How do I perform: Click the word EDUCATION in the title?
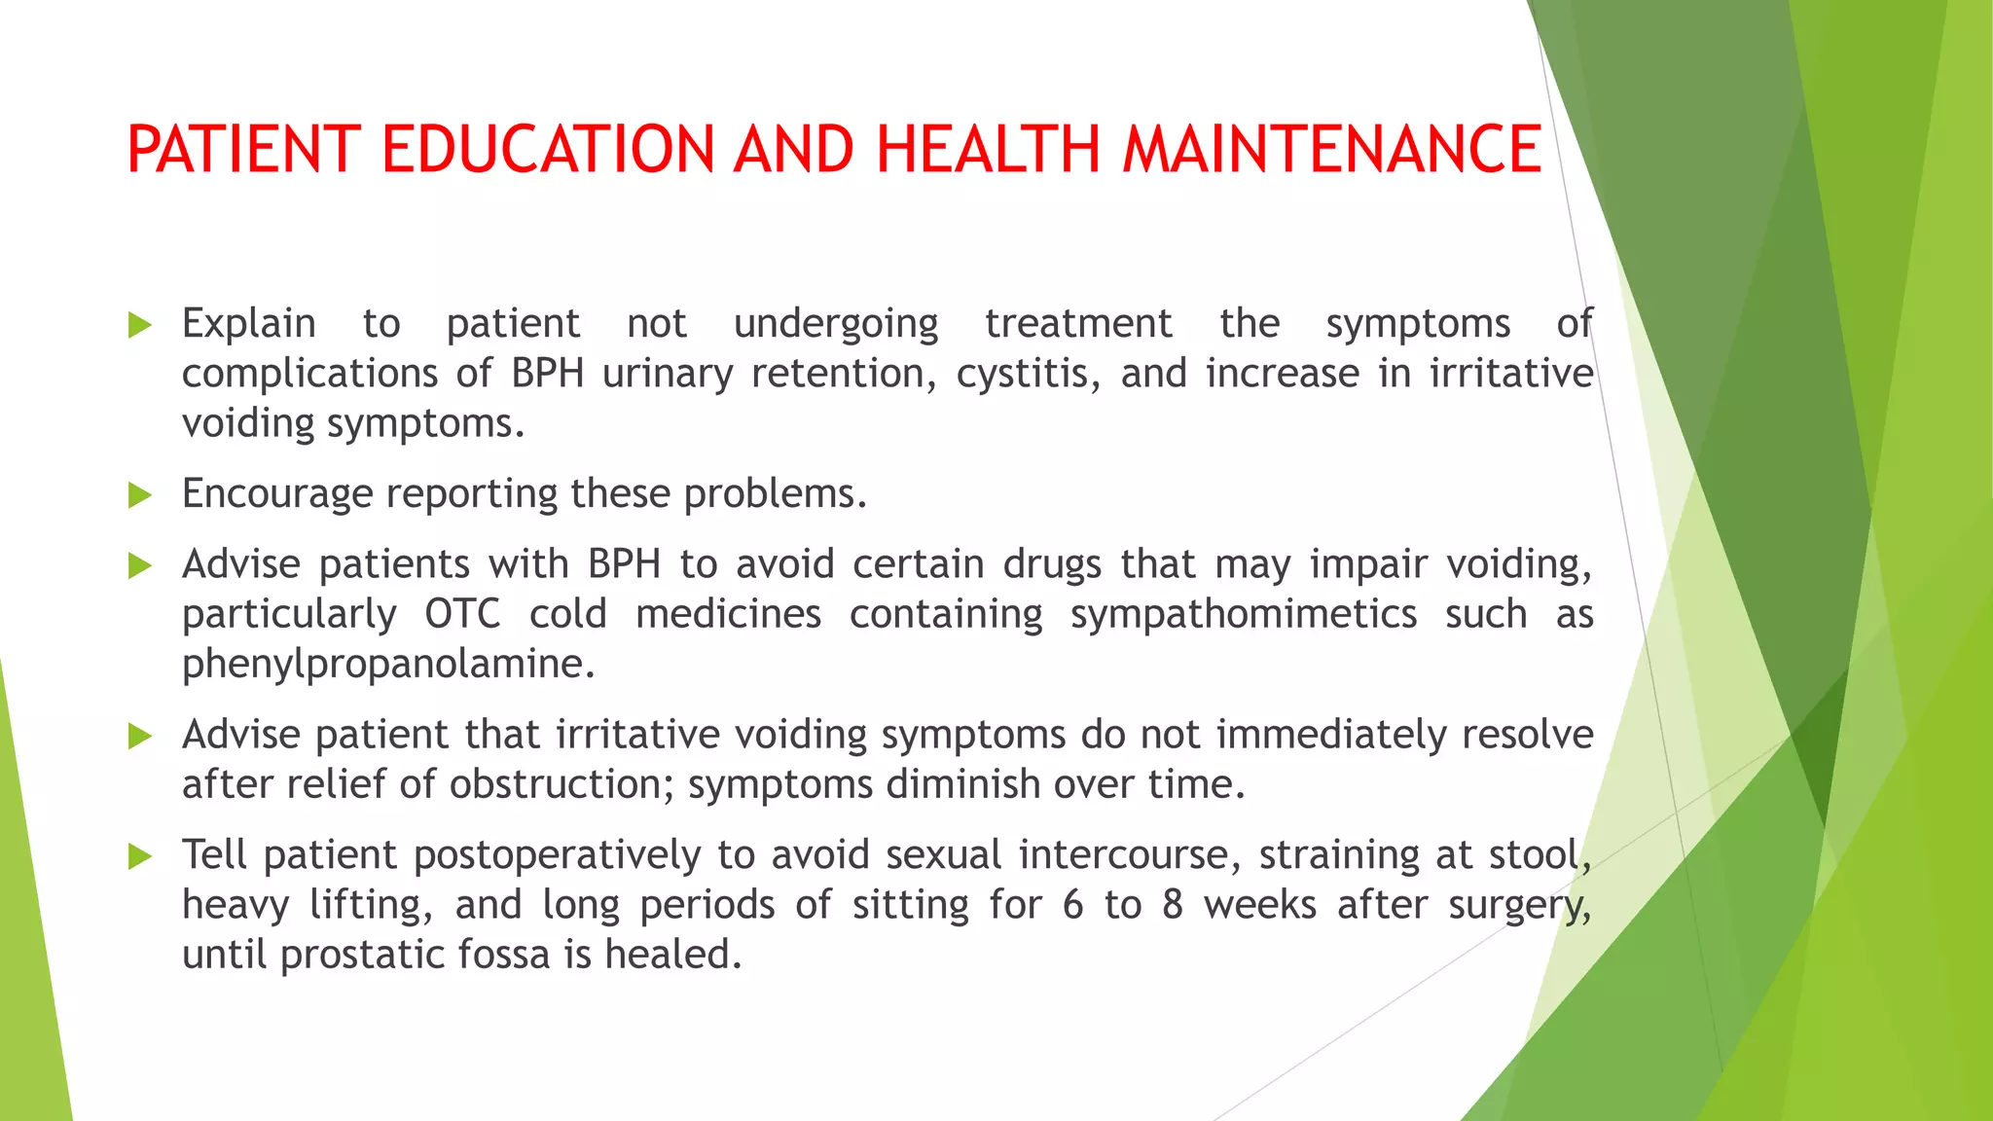[x=548, y=150]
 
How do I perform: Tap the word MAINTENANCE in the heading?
[x=1331, y=150]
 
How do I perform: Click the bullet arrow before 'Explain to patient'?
[x=140, y=325]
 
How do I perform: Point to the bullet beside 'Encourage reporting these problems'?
[x=140, y=495]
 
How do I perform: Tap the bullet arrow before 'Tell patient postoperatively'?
[x=140, y=856]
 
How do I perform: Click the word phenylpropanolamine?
[x=388, y=665]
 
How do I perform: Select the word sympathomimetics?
[x=1244, y=614]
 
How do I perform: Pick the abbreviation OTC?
[x=462, y=614]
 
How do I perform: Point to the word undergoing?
[x=836, y=325]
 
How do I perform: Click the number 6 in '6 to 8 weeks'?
[x=1072, y=906]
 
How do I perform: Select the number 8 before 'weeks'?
[x=1172, y=906]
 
